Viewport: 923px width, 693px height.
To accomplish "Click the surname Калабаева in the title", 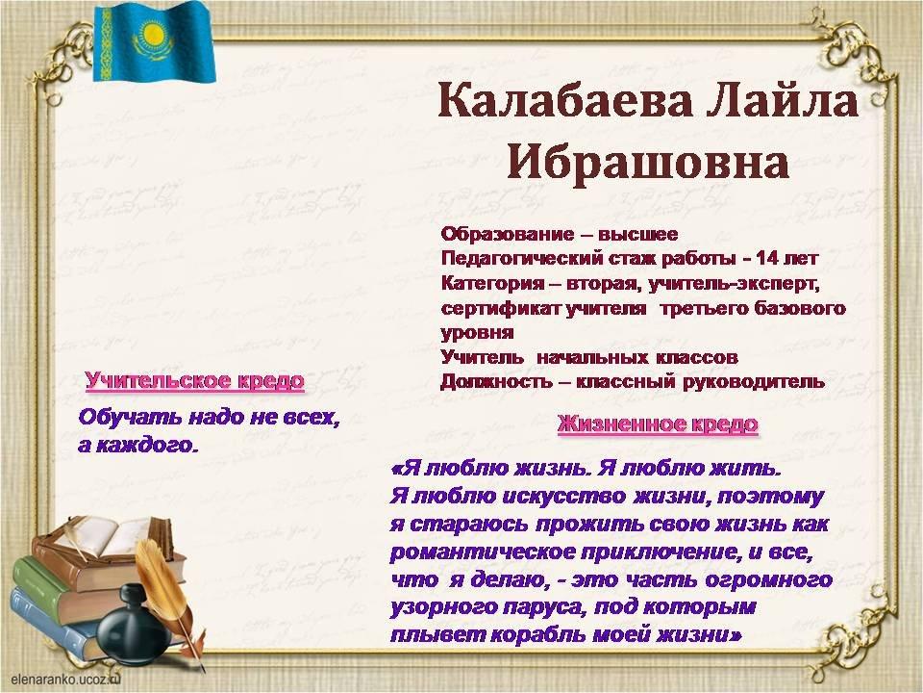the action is [x=564, y=101].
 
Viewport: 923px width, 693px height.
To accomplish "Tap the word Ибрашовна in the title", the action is [x=648, y=162].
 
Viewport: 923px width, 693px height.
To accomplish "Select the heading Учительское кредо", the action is [x=195, y=381].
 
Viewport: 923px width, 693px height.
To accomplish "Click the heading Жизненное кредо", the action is [x=658, y=424].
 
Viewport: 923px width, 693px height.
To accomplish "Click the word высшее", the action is [x=638, y=235].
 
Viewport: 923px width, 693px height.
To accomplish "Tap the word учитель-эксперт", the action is [x=734, y=283].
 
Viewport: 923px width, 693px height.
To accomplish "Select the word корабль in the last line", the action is [x=538, y=634].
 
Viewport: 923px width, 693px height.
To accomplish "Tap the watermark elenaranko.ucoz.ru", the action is [x=65, y=679].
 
